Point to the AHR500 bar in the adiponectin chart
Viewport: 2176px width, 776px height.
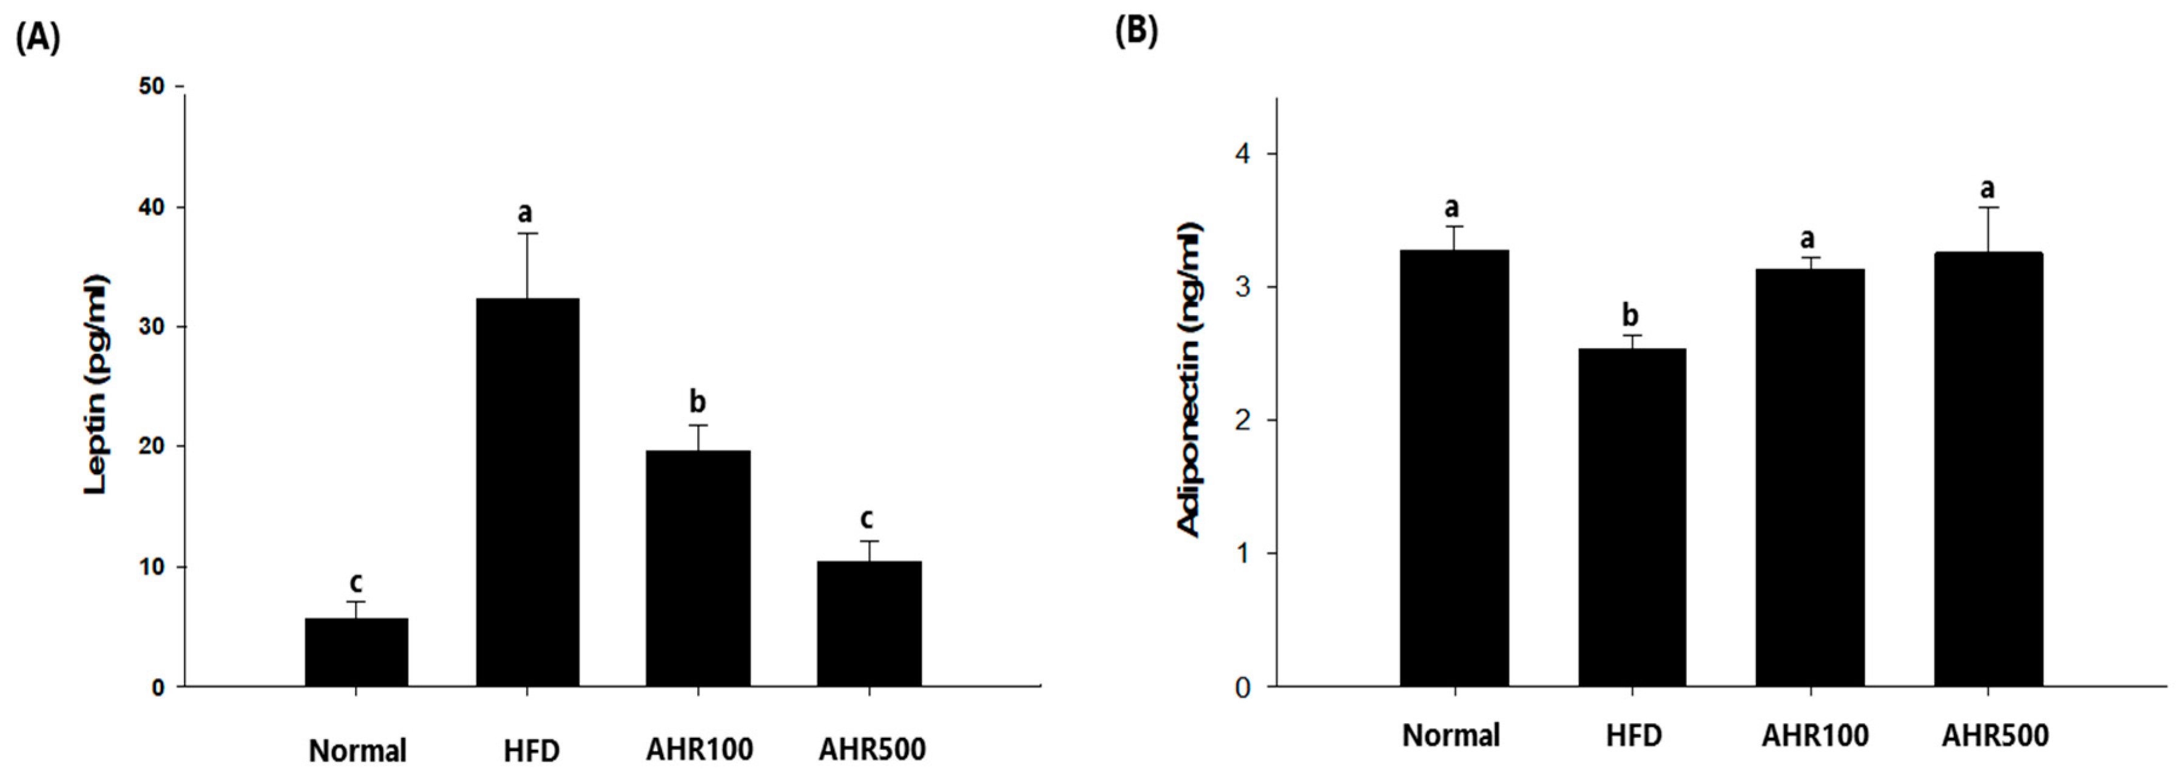click(1988, 468)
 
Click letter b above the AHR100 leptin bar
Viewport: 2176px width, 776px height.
click(698, 401)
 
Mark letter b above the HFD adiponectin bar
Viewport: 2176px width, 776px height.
click(1631, 315)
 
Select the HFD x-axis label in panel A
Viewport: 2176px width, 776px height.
click(532, 750)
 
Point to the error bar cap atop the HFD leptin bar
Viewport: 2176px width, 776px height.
click(527, 233)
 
